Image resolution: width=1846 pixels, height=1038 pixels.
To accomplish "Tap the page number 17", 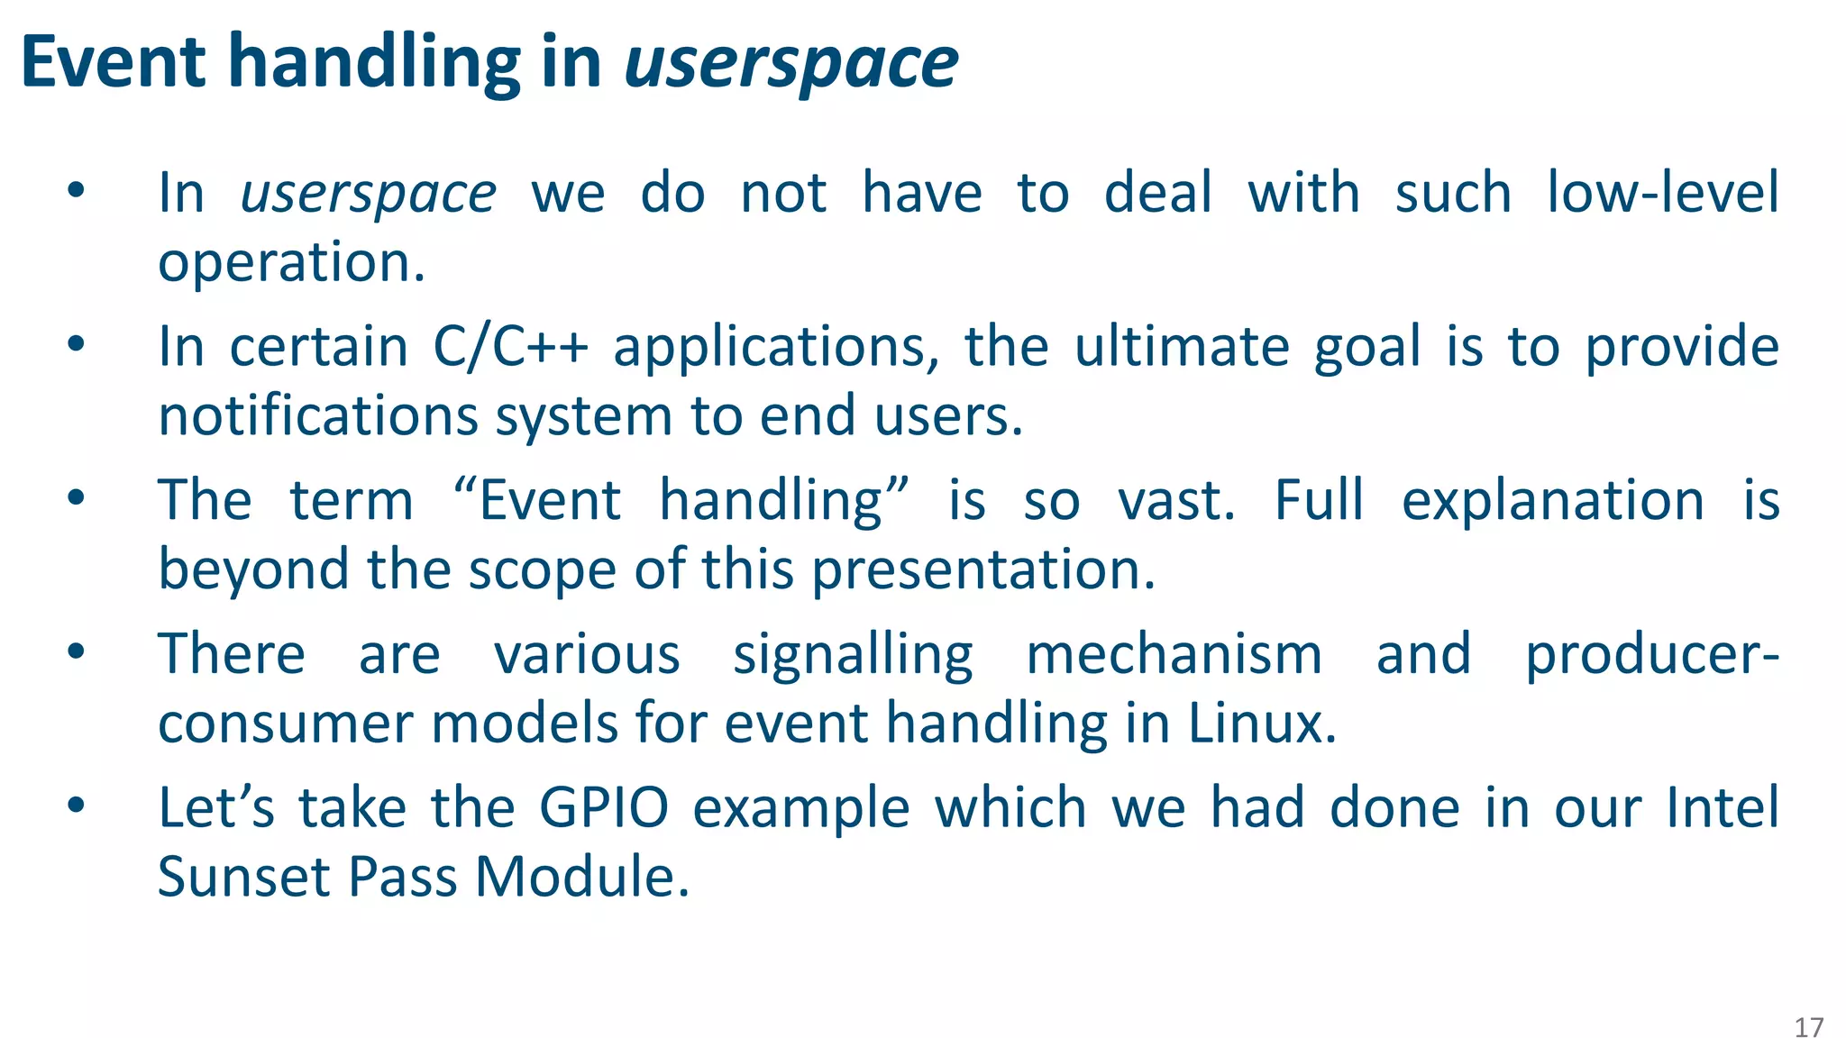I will (x=1808, y=1028).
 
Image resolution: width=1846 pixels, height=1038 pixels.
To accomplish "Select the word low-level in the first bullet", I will (x=1663, y=193).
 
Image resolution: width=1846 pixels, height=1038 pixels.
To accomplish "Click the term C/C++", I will (x=510, y=347).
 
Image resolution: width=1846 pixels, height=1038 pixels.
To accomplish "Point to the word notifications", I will (x=318, y=416).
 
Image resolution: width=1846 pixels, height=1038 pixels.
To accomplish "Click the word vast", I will (x=1175, y=501).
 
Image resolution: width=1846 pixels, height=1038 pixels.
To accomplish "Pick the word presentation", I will (x=982, y=571).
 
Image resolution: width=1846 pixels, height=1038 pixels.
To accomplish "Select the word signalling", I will (x=853, y=655).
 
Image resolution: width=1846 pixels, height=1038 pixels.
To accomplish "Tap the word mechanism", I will (x=1174, y=655).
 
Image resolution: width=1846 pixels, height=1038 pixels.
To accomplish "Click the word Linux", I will (x=1261, y=724).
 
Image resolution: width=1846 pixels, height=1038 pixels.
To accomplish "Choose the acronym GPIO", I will (x=604, y=808).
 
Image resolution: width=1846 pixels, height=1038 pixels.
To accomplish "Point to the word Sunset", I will (x=244, y=877).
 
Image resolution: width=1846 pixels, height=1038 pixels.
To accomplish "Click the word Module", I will (x=581, y=877).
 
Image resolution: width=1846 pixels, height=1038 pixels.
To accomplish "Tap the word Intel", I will (x=1722, y=808).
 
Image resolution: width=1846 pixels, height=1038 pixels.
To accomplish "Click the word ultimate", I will (x=1182, y=347).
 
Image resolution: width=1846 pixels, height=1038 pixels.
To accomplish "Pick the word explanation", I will (x=1552, y=501).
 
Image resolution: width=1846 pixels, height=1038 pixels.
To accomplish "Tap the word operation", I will (x=291, y=263).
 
